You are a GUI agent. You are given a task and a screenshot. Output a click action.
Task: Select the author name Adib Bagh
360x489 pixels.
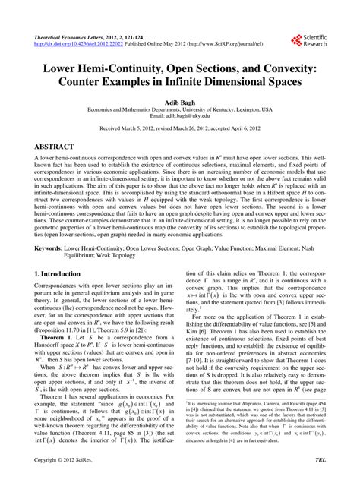[x=179, y=100]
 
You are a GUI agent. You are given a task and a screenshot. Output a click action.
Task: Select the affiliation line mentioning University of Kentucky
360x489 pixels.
[x=180, y=109]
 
